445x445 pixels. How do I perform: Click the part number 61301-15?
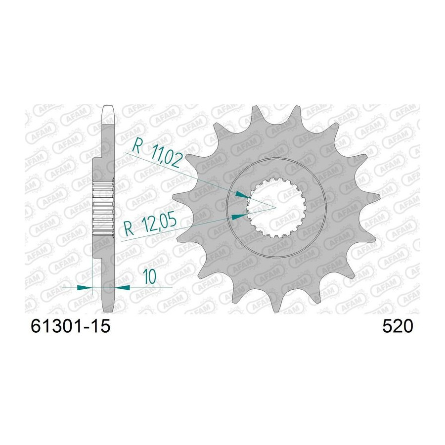click(x=70, y=326)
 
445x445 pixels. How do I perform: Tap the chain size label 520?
click(x=398, y=326)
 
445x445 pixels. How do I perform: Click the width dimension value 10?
click(x=149, y=277)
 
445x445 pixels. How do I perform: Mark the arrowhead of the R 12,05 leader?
click(x=239, y=217)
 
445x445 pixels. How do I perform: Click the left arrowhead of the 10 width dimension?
click(x=85, y=287)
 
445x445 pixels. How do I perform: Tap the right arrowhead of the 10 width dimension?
click(x=122, y=287)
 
